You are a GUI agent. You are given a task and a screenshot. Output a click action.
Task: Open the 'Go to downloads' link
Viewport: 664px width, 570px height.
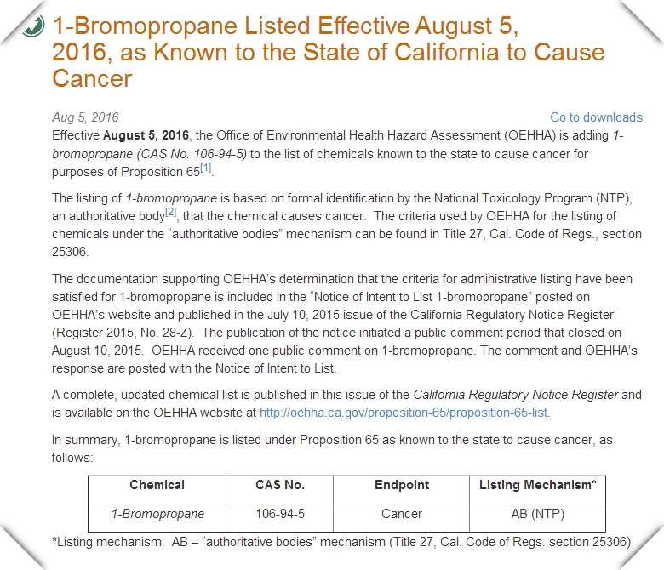(x=596, y=117)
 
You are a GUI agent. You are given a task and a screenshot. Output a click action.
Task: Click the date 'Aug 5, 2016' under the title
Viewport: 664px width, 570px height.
(x=85, y=117)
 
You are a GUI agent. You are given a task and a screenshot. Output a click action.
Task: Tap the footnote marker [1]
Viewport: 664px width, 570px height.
(x=205, y=168)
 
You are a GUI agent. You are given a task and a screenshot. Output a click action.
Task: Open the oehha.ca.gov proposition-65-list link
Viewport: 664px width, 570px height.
(x=404, y=413)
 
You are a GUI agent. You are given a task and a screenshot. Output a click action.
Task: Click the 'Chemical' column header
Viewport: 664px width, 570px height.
(x=157, y=485)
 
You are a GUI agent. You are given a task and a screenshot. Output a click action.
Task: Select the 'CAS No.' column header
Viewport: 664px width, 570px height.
(x=279, y=485)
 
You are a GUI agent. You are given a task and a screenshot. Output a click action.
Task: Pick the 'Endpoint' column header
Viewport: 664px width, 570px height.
(x=401, y=485)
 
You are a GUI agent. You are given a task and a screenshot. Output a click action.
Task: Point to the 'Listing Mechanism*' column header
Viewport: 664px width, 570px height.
(x=537, y=485)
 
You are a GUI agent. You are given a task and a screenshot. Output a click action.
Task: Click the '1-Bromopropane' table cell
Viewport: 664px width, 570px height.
(x=157, y=514)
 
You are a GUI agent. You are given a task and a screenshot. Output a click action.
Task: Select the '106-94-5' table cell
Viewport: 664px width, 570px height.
(x=279, y=514)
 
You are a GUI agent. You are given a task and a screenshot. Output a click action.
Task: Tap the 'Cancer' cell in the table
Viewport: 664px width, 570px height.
(x=401, y=514)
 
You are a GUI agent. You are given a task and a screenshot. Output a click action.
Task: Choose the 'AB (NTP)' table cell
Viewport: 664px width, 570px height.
(x=537, y=514)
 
